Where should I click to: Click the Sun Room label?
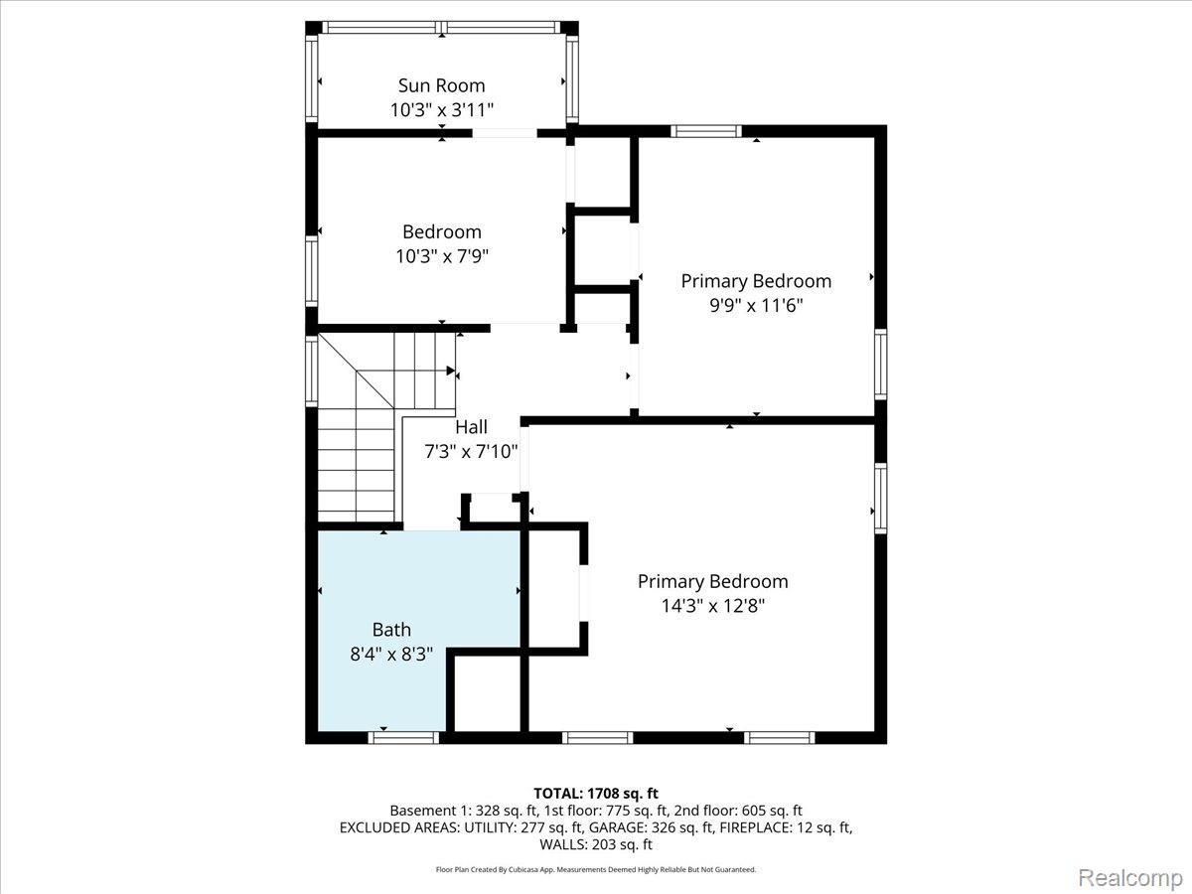(441, 85)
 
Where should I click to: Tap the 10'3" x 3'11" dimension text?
(441, 110)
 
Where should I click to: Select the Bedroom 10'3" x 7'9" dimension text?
(442, 256)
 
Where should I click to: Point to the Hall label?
(471, 427)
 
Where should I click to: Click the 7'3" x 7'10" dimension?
(471, 451)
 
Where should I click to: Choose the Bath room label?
(391, 630)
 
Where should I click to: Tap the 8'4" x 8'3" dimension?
(391, 654)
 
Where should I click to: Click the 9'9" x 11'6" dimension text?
(756, 305)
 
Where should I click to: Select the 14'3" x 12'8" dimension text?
(712, 605)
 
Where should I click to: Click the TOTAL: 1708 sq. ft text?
(596, 794)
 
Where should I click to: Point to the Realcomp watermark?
(1130, 877)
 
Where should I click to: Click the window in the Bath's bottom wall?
(403, 738)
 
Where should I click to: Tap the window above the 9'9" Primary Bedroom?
(706, 131)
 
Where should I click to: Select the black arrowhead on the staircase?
(451, 371)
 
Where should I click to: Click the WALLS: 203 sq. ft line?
(596, 844)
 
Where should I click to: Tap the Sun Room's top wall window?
(441, 27)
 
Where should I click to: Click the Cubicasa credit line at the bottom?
(596, 869)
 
